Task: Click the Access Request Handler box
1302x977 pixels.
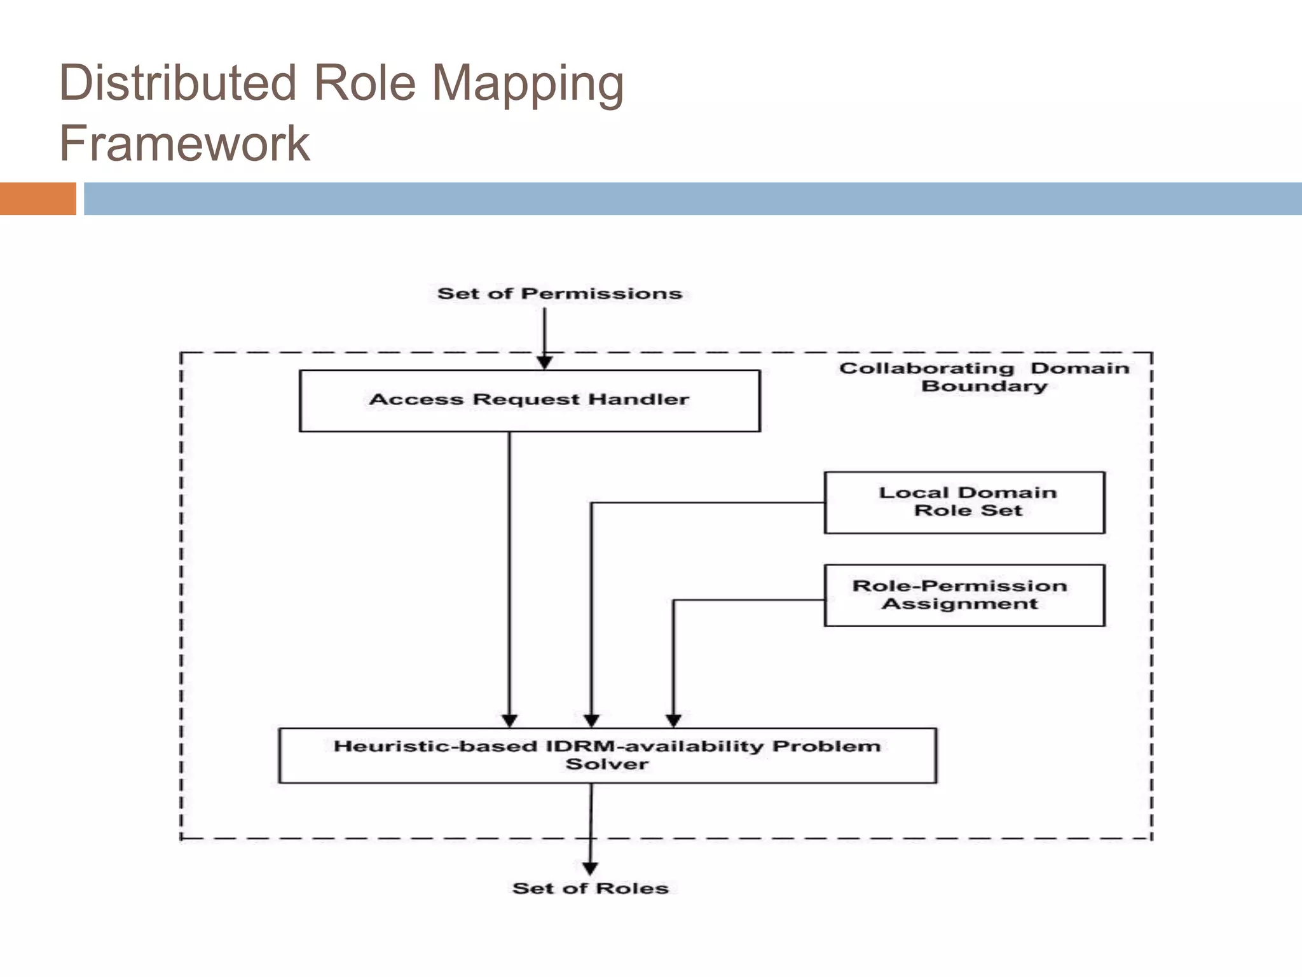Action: (530, 401)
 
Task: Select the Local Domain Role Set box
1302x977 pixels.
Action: (964, 502)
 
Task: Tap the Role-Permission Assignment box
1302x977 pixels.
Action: (964, 595)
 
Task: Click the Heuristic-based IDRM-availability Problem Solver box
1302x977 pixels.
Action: (607, 756)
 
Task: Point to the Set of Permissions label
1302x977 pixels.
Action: (559, 294)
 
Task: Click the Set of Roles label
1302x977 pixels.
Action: (591, 889)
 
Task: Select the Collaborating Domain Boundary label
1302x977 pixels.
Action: (984, 377)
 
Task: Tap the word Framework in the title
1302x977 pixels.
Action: (184, 144)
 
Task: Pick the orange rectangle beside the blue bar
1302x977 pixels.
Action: (38, 198)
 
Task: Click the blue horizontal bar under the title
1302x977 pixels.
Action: (692, 198)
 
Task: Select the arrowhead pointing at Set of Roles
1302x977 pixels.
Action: (591, 868)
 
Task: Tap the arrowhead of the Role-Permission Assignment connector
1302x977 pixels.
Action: (674, 720)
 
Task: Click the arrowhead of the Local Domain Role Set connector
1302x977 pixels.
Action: (592, 720)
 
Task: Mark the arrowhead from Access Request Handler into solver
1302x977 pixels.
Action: (510, 720)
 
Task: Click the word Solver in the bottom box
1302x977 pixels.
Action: (607, 765)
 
